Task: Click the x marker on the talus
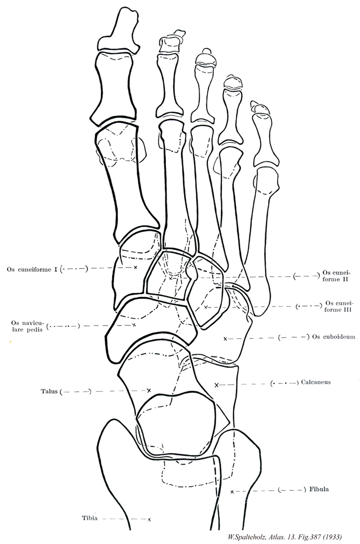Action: point(149,390)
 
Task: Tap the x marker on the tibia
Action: point(149,519)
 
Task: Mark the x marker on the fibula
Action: point(232,491)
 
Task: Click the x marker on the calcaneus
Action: point(216,384)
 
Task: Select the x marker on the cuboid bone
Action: point(225,338)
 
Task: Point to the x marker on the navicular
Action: point(134,324)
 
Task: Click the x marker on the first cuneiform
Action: point(135,267)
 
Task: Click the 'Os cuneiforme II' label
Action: point(336,276)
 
